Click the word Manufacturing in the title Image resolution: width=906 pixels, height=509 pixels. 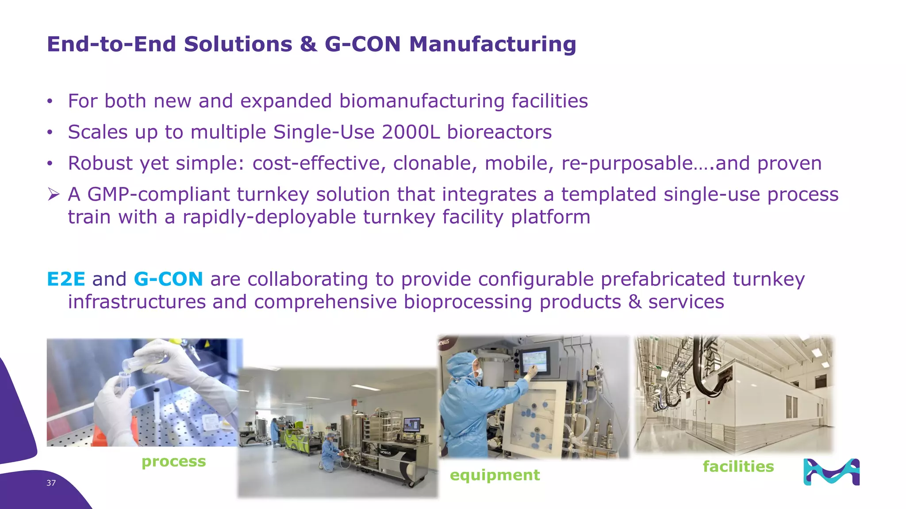click(x=492, y=44)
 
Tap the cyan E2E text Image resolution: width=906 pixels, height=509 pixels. click(x=66, y=279)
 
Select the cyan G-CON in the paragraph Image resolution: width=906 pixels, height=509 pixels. click(x=168, y=279)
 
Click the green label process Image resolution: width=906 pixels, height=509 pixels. click(x=173, y=461)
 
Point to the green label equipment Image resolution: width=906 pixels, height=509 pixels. click(x=495, y=475)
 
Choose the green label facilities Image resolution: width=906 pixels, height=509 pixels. click(x=738, y=467)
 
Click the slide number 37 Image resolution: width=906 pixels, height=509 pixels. click(x=51, y=483)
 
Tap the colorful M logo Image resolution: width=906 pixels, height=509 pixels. click(x=831, y=472)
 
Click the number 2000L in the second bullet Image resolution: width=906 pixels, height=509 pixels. click(x=411, y=132)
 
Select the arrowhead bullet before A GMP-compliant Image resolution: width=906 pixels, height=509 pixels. click(x=54, y=194)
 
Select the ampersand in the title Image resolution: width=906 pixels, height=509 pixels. click(x=308, y=44)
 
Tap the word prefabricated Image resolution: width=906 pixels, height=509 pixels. click(x=662, y=279)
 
